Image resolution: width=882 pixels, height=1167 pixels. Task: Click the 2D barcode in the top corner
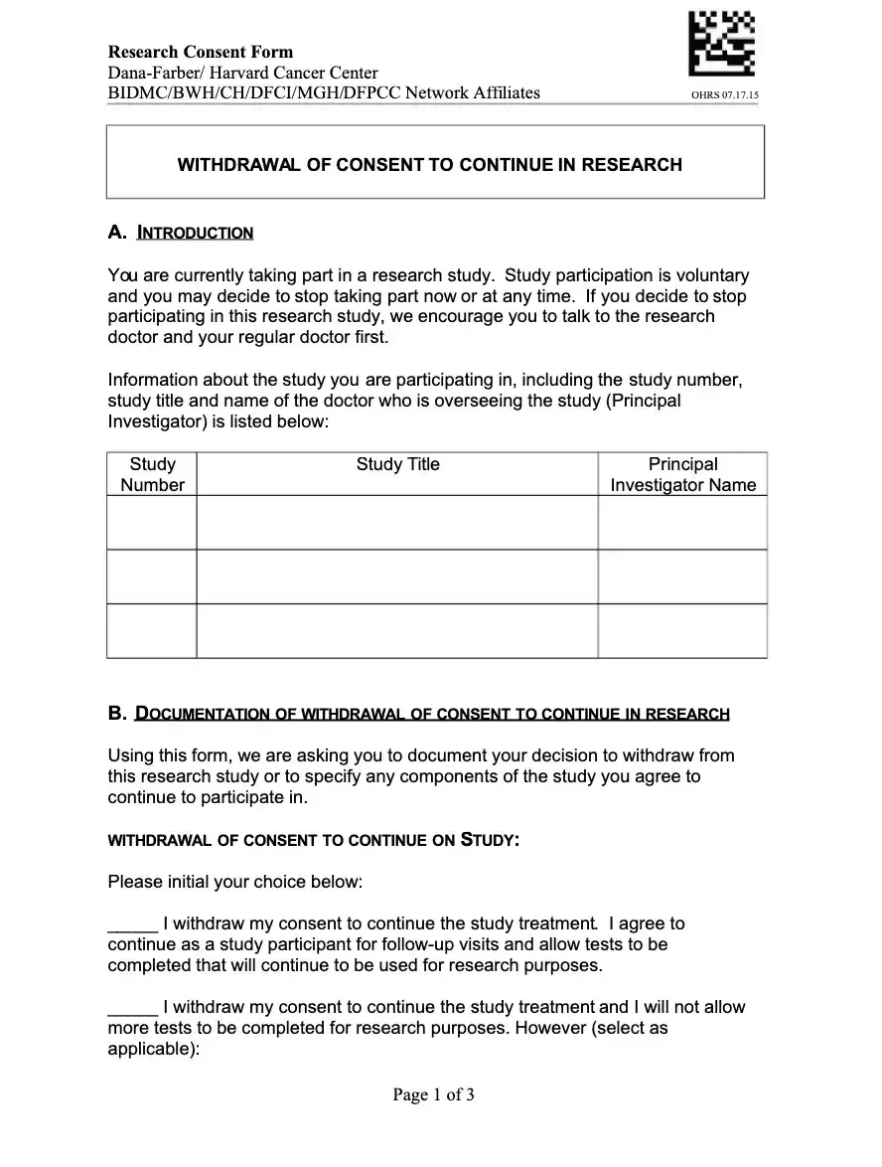pos(721,43)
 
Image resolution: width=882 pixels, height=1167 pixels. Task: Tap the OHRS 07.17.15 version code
pos(725,95)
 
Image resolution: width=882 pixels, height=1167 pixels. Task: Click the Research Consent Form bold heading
pos(201,52)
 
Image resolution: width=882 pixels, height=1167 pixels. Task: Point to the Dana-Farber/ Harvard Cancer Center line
pos(242,73)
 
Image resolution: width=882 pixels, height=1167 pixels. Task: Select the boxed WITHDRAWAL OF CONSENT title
pos(429,165)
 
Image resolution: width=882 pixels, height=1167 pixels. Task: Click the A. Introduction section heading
pos(181,233)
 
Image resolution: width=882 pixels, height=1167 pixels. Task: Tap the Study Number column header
pos(152,474)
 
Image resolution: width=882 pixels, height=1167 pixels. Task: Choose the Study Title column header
pos(397,464)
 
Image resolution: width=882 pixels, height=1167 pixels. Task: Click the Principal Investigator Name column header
pos(682,474)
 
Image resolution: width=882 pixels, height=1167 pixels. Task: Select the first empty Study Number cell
pos(152,522)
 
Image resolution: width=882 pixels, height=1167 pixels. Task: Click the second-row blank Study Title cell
pos(397,577)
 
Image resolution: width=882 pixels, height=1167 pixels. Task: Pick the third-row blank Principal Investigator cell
pos(682,630)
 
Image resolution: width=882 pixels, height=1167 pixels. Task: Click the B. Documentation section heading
pos(418,714)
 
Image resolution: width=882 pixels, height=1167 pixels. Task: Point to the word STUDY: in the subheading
pos(490,840)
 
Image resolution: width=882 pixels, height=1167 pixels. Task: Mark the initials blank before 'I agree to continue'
pos(131,924)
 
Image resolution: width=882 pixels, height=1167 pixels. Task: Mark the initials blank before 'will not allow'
pos(131,1008)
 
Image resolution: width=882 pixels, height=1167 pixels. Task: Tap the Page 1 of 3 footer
pos(434,1095)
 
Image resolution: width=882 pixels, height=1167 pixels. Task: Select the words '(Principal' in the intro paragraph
pos(643,401)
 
